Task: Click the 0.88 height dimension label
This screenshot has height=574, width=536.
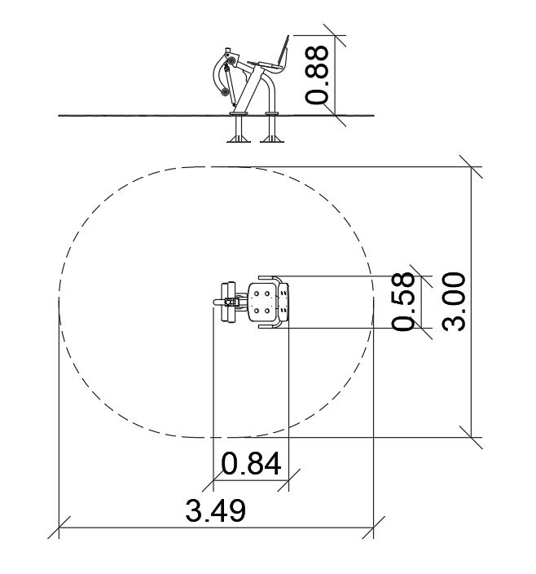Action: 317,75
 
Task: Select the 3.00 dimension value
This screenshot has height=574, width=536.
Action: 454,302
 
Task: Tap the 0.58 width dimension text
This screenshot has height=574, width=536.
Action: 403,302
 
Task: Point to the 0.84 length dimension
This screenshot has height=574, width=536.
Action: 251,464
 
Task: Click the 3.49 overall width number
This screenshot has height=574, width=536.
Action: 215,510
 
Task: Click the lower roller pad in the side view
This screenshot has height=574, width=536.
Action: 225,93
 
